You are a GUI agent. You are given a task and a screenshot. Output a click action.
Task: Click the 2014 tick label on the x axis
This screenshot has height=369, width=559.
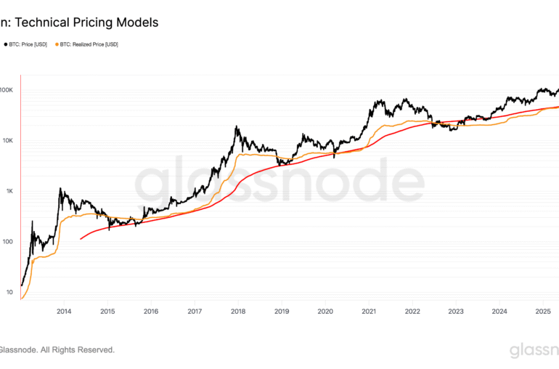click(63, 312)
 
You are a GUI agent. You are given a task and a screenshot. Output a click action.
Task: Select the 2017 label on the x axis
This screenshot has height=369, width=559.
click(194, 312)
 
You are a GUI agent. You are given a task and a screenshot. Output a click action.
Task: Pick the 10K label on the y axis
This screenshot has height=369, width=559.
click(7, 140)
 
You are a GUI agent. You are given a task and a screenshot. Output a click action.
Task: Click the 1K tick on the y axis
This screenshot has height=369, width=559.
click(8, 191)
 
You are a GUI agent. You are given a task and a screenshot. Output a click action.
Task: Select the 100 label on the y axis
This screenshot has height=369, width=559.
click(7, 242)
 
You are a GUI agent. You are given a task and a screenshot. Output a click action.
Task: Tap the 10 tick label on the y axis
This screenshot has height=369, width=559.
click(9, 292)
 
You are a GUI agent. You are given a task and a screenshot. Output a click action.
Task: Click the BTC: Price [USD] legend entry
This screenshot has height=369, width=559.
click(29, 44)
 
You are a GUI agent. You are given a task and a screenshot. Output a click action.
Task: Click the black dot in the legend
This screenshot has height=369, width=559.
click(6, 44)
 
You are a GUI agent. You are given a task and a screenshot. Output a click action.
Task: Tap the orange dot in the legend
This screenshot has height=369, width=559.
click(57, 44)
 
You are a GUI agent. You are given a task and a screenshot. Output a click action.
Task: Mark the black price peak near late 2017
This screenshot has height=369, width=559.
click(237, 127)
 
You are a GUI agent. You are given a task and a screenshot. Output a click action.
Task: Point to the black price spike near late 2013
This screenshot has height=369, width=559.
click(61, 189)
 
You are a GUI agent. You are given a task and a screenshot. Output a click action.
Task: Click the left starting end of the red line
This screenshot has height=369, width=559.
click(81, 238)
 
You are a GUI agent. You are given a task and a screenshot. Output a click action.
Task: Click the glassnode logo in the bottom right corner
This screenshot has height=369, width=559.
click(534, 351)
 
